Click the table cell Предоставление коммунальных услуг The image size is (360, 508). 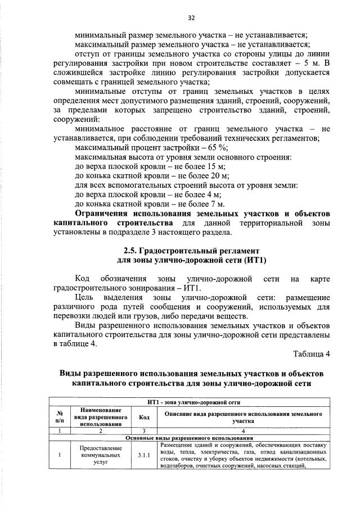[x=97, y=455]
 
